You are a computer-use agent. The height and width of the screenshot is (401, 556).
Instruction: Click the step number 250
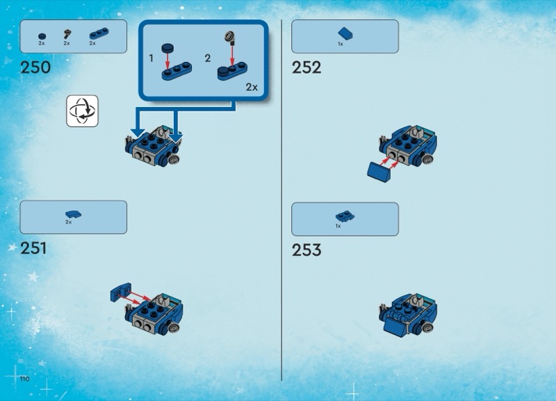[x=35, y=67]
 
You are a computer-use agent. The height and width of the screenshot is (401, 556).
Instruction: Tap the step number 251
[x=33, y=248]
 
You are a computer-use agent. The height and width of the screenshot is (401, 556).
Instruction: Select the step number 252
[x=306, y=67]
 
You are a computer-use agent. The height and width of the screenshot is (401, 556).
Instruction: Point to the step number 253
[x=306, y=250]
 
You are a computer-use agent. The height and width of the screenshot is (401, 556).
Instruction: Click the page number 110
[x=25, y=379]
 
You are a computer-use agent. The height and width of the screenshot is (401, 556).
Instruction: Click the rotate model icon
[x=82, y=111]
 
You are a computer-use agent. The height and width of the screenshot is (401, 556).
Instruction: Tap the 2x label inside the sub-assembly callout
[x=252, y=88]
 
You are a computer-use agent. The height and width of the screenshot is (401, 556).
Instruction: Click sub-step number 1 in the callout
[x=151, y=58]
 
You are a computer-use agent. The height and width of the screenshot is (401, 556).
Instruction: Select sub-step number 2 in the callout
[x=208, y=58]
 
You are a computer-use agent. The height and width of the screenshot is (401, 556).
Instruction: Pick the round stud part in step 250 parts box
[x=42, y=36]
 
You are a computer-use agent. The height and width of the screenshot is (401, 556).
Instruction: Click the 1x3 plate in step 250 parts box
[x=99, y=33]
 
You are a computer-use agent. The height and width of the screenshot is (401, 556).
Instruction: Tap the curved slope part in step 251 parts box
[x=74, y=214]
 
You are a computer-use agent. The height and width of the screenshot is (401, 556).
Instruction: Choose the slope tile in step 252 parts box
[x=345, y=33]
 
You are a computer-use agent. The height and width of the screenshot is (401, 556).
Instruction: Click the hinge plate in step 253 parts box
[x=345, y=216]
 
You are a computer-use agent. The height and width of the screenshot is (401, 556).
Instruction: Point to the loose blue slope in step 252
[x=379, y=172]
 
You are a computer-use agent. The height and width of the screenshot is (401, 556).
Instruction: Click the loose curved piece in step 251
[x=121, y=292]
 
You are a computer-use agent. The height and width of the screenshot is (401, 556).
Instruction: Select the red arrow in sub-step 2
[x=232, y=56]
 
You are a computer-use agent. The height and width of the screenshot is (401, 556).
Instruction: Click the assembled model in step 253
[x=408, y=315]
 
